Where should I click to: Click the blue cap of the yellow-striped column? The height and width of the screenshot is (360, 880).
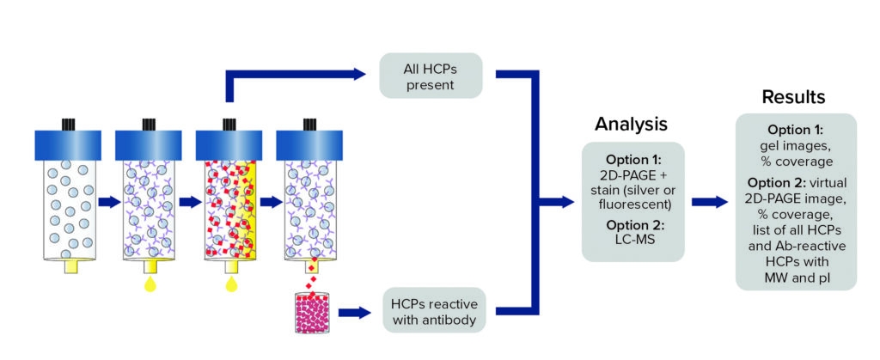[x=227, y=143]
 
